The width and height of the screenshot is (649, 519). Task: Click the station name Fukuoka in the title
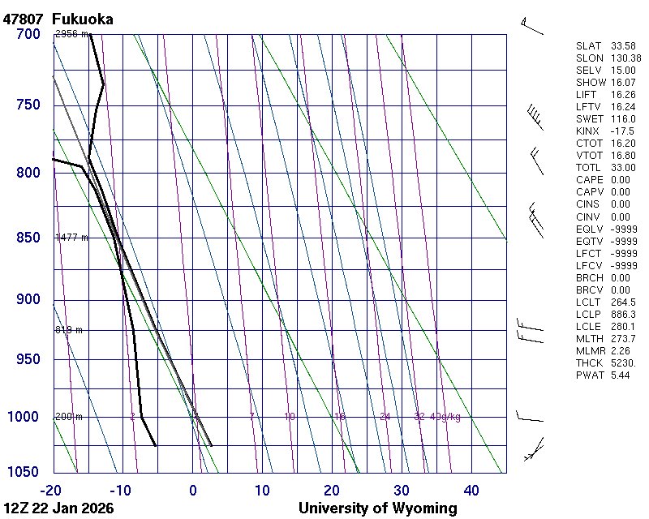tap(82, 19)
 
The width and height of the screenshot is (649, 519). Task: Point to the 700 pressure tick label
tap(28, 34)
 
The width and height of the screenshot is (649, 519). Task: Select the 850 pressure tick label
tap(28, 238)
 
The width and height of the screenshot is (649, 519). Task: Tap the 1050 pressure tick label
tap(24, 473)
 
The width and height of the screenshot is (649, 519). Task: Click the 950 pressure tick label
tap(28, 359)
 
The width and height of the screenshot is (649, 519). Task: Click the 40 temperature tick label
tap(471, 490)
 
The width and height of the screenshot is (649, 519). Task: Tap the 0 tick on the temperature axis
tap(193, 490)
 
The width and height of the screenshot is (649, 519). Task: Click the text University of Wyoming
tap(377, 508)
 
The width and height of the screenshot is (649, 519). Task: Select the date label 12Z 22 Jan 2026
tap(58, 508)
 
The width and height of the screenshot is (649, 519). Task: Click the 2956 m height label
tap(71, 34)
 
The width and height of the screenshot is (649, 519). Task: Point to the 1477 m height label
tap(71, 238)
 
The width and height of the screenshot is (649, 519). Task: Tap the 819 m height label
tap(69, 330)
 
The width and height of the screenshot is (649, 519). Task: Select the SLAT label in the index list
tap(589, 46)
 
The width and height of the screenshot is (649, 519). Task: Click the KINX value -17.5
tap(621, 131)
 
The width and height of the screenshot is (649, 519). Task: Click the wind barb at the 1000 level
tap(530, 417)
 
